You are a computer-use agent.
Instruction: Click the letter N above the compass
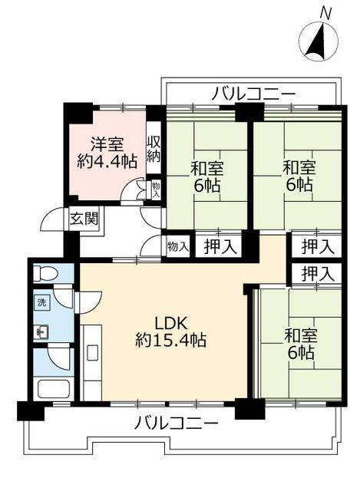point(325,13)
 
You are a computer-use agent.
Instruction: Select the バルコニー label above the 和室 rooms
point(253,93)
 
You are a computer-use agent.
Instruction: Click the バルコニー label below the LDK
point(177,423)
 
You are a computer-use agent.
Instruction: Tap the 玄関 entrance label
point(84,219)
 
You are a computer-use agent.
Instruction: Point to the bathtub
point(53,387)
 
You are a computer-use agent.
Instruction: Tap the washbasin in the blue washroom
point(43,332)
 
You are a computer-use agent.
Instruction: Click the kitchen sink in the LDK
point(92,354)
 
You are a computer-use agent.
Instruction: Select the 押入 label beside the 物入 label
point(219,246)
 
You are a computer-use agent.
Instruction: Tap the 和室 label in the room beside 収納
point(202,166)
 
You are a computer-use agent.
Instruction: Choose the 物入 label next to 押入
point(177,246)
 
